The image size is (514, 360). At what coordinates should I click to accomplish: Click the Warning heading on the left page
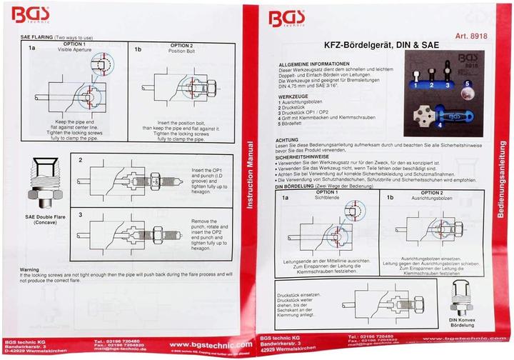coord(31,270)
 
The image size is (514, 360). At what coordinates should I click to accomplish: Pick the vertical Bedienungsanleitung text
coord(501,172)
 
